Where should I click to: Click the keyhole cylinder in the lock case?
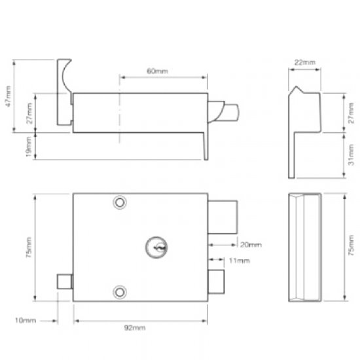(x=155, y=246)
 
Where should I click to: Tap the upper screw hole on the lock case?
(x=118, y=204)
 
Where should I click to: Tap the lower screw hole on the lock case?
(x=118, y=291)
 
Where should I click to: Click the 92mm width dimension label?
(x=139, y=327)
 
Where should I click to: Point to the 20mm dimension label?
(x=250, y=245)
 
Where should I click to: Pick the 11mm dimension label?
(x=238, y=261)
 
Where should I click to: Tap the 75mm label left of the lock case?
(x=27, y=247)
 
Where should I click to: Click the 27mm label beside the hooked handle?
(x=27, y=112)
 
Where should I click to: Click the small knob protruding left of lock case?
(x=64, y=281)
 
